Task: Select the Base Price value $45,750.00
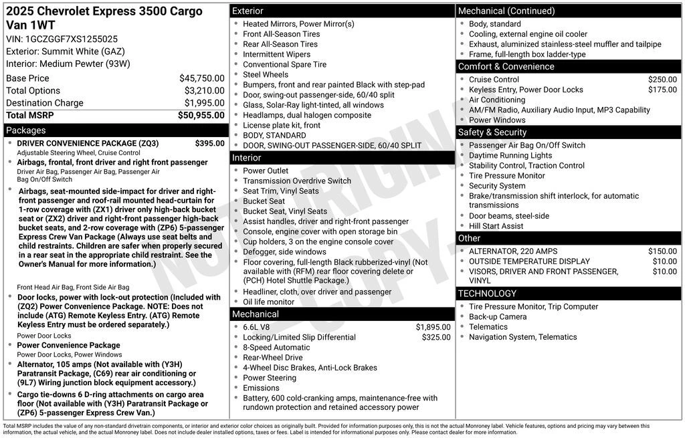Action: [x=201, y=78]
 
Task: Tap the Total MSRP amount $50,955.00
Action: [x=201, y=115]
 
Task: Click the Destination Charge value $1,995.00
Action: [x=204, y=103]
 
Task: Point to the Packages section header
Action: [x=26, y=130]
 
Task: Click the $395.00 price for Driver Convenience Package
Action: [x=209, y=143]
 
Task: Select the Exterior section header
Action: [x=248, y=11]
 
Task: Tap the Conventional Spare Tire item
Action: [x=284, y=64]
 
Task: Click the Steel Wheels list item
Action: [x=266, y=74]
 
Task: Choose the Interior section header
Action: [x=246, y=158]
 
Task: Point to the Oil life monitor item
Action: [x=268, y=302]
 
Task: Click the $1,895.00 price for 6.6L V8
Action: [x=433, y=327]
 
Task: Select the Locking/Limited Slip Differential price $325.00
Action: [x=436, y=337]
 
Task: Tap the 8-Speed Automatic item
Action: [x=276, y=347]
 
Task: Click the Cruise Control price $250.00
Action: [x=662, y=80]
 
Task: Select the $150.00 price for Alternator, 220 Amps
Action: [x=662, y=251]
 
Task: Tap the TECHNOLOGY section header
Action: [x=487, y=294]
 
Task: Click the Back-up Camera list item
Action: [x=498, y=316]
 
